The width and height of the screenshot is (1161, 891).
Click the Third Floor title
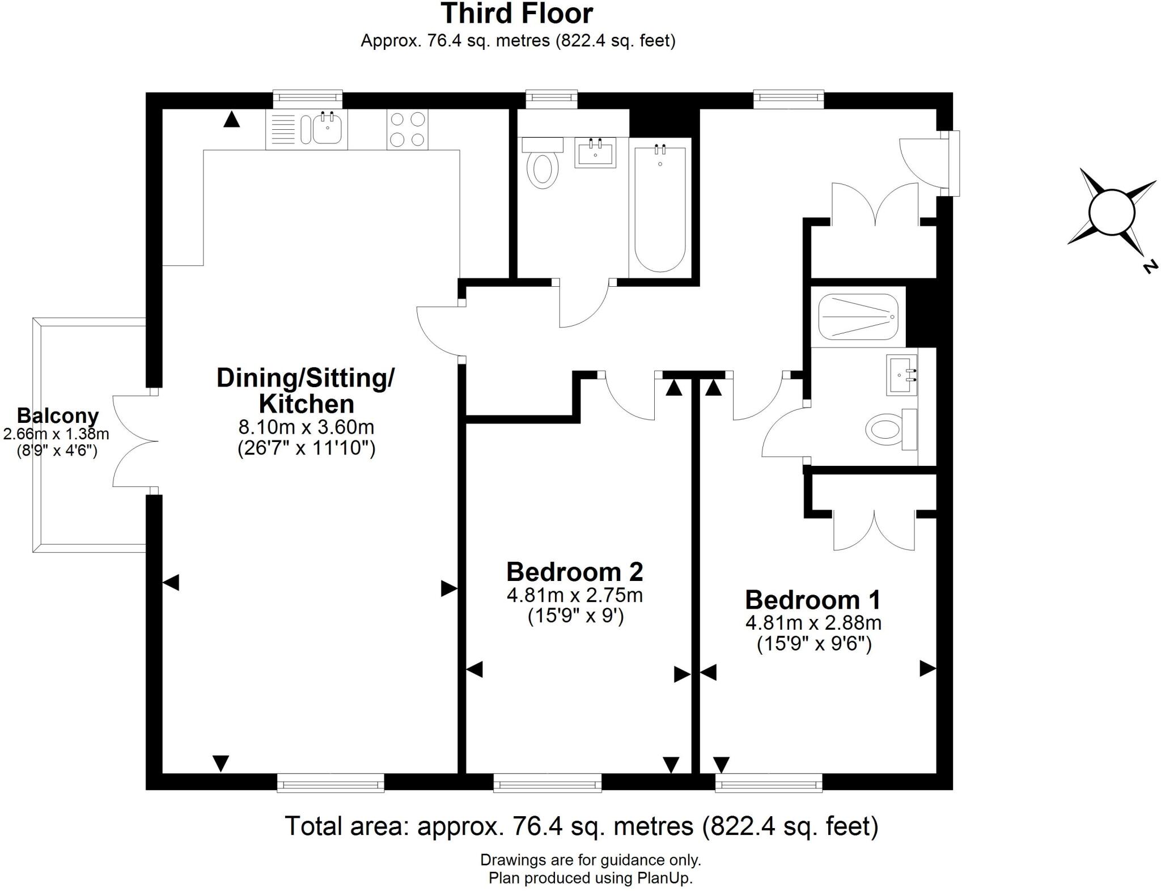(516, 14)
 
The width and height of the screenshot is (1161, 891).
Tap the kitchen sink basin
(327, 129)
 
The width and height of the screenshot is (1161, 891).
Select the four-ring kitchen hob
(408, 129)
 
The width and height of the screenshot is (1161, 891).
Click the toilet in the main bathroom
(543, 167)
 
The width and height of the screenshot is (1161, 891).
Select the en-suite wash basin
(901, 375)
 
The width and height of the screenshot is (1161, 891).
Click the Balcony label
(57, 415)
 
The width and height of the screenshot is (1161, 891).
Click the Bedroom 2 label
(574, 572)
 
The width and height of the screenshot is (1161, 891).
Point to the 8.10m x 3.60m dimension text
(306, 426)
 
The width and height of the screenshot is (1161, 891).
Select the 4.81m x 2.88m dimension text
(813, 623)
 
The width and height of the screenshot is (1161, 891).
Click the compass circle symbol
(1111, 212)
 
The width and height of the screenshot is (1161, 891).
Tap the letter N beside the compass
(1149, 266)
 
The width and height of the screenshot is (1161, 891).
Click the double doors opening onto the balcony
(135, 441)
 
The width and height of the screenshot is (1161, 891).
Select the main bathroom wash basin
(595, 151)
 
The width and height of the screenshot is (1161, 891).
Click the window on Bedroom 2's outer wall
(547, 782)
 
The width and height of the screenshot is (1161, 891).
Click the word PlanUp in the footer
(664, 879)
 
